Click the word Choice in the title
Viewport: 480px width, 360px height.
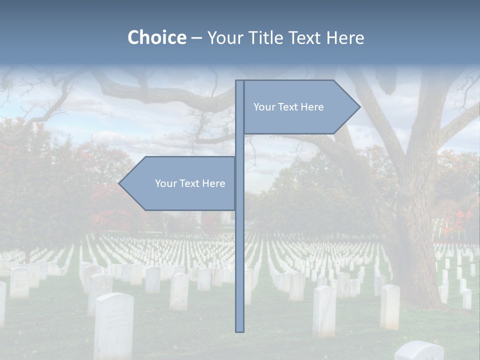(x=156, y=37)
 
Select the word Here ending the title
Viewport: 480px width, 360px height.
(x=345, y=37)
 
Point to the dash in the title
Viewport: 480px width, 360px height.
(x=196, y=38)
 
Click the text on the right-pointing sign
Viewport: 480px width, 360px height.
(x=288, y=107)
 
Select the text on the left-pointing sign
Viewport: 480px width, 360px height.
(x=190, y=183)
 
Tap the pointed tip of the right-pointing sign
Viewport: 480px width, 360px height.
(x=359, y=106)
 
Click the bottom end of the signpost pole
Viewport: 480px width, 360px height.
(x=240, y=330)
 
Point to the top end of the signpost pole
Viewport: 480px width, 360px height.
(x=240, y=81)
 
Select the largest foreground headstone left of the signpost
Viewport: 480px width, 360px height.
(x=113, y=325)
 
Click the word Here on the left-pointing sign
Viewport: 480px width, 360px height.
(x=214, y=183)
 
